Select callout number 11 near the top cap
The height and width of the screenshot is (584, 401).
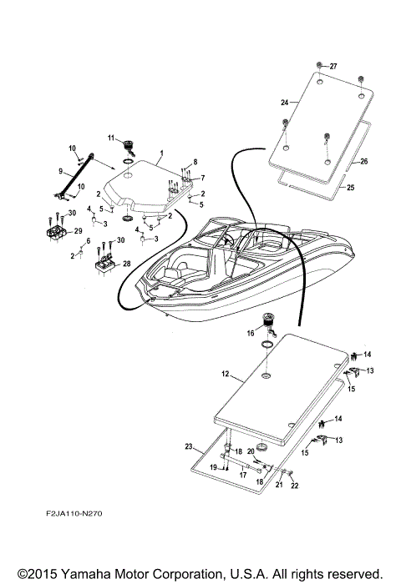pyautogui.click(x=109, y=137)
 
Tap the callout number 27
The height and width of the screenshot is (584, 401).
pyautogui.click(x=332, y=66)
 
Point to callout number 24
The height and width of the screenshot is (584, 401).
pyautogui.click(x=285, y=103)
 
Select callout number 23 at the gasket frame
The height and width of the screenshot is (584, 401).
pyautogui.click(x=189, y=446)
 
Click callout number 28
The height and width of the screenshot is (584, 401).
pyautogui.click(x=127, y=264)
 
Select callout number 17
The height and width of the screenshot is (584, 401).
pyautogui.click(x=242, y=477)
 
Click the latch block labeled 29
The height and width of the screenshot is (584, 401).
pyautogui.click(x=57, y=231)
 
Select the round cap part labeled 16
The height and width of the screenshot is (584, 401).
pyautogui.click(x=270, y=321)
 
